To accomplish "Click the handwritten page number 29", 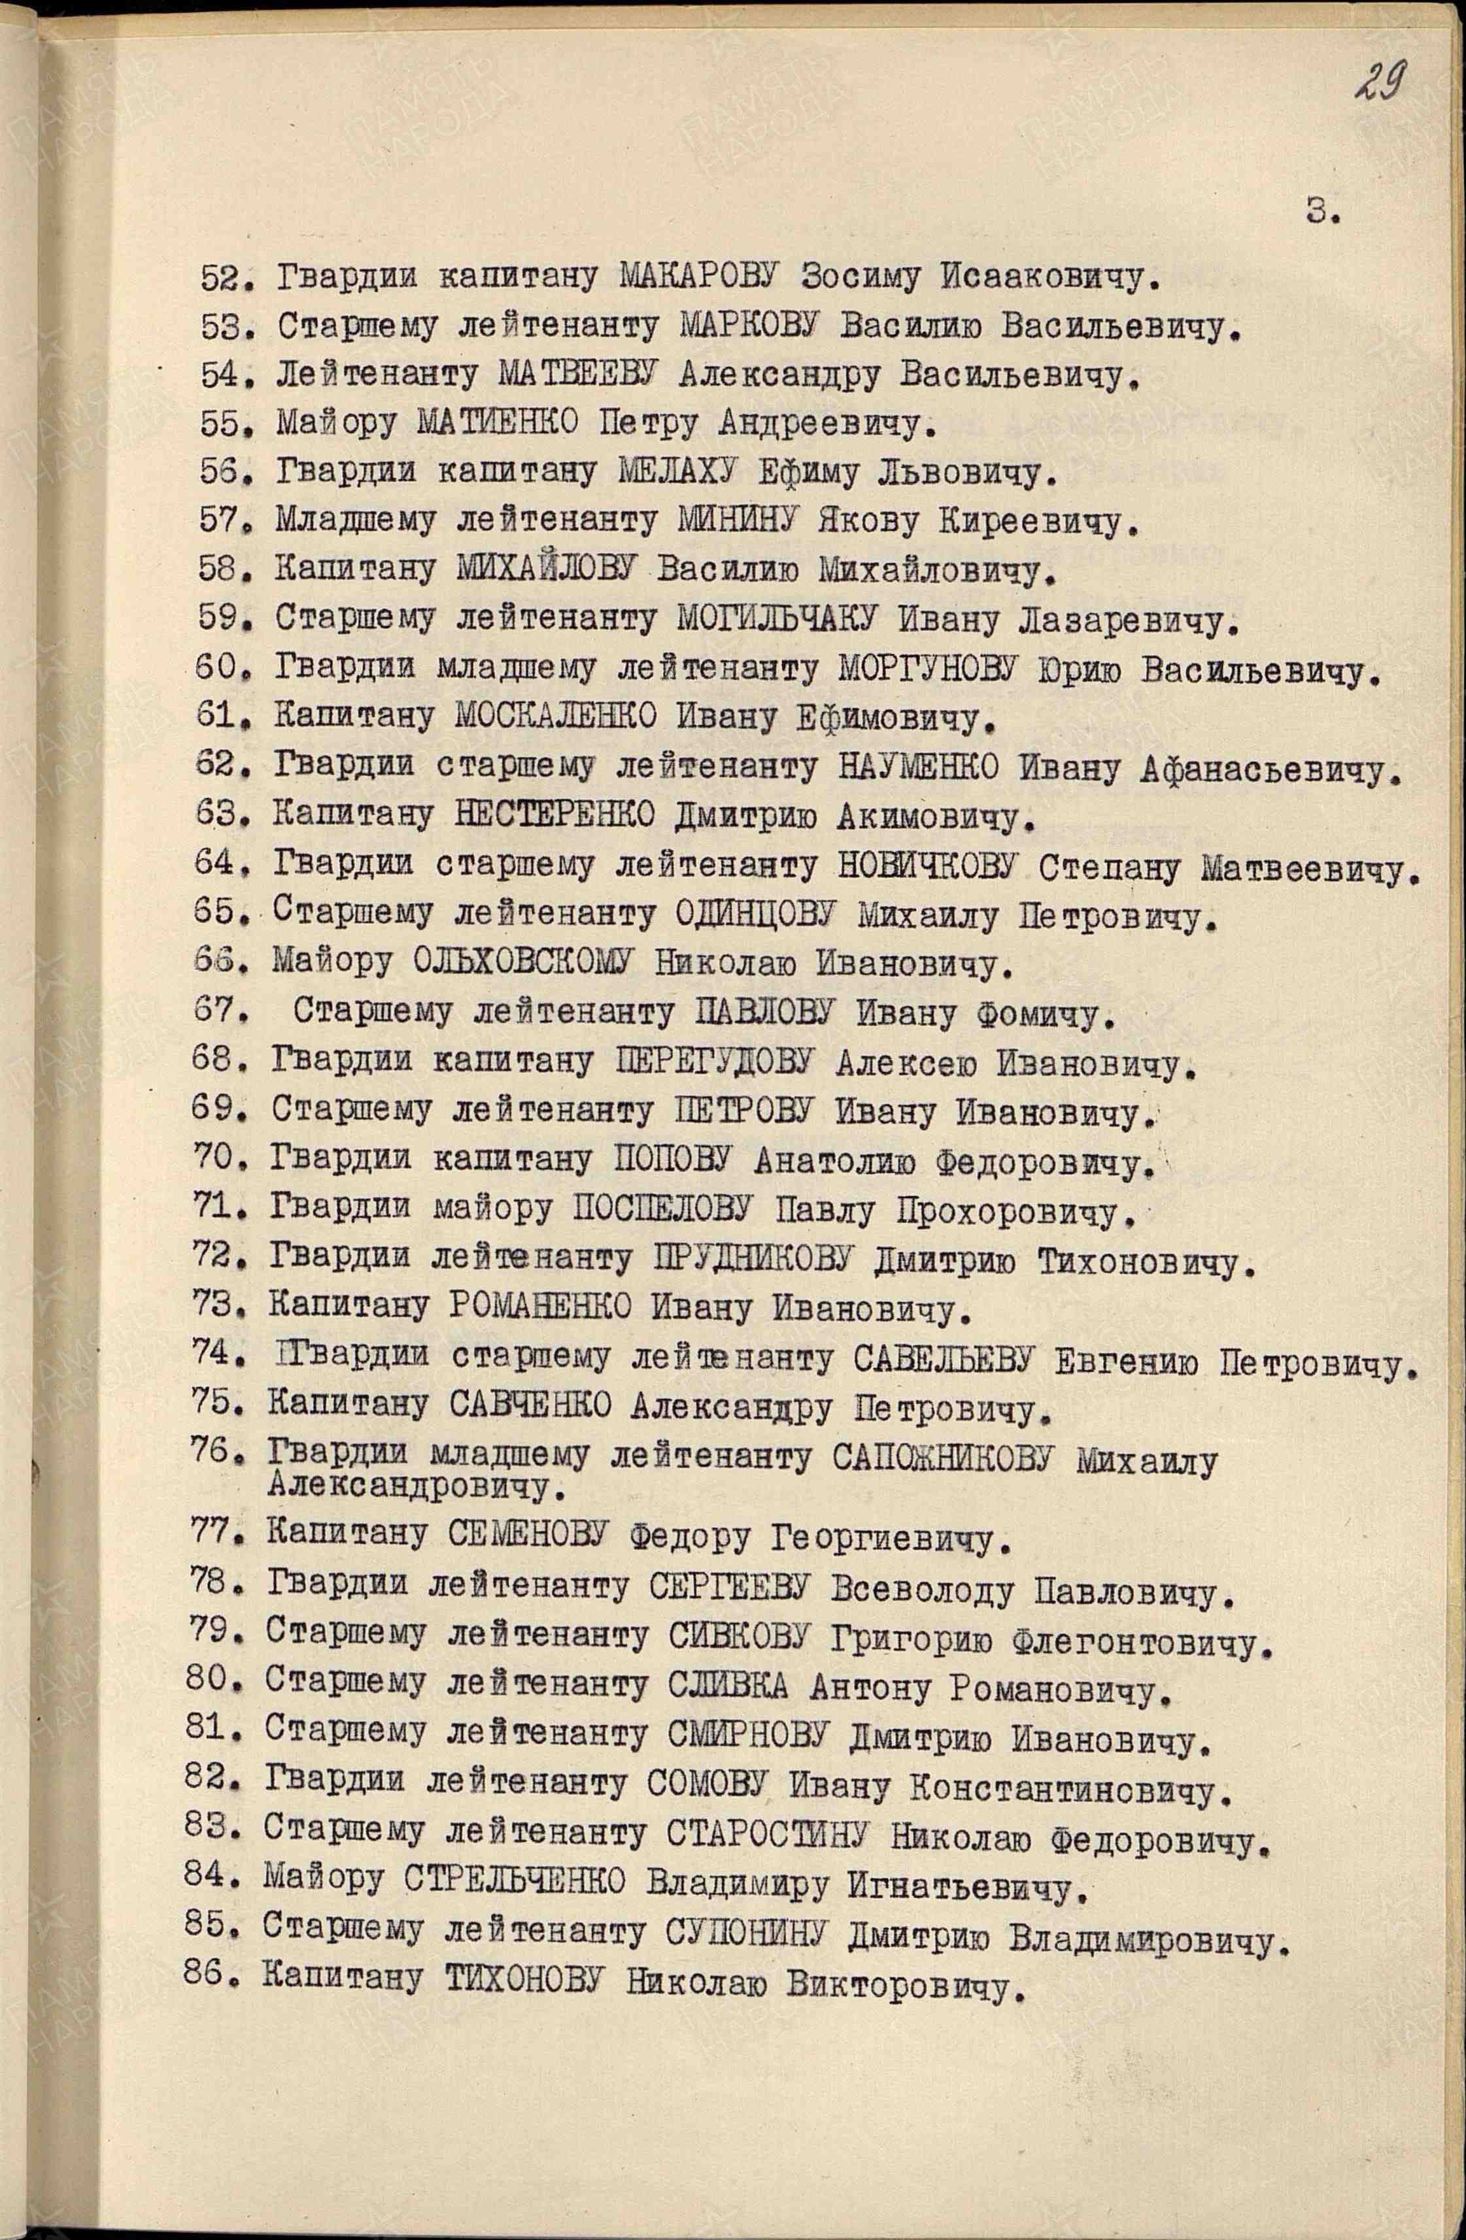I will [1380, 85].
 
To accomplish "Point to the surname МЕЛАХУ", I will [678, 471].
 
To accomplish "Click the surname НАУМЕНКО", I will [918, 768].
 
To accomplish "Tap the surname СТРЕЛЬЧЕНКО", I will [514, 1885].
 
